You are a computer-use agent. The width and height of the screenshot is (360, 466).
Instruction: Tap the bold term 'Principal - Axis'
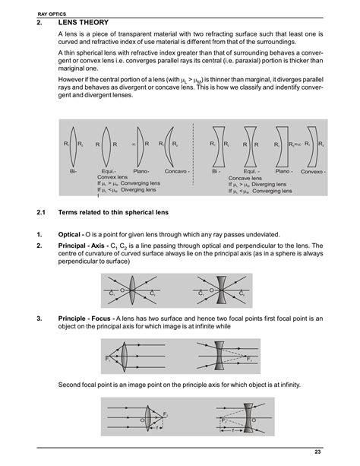coord(83,246)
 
